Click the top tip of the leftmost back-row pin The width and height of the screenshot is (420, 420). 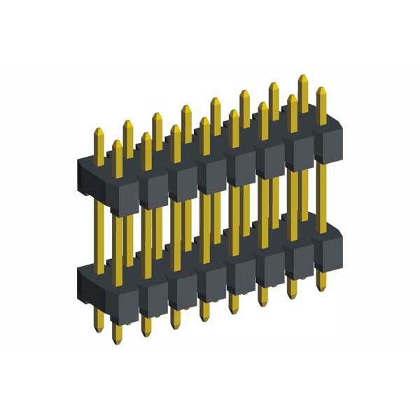pyautogui.click(x=99, y=129)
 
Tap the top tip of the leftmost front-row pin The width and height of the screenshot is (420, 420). pyautogui.click(x=117, y=143)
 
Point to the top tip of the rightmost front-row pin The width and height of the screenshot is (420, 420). pyautogui.click(x=321, y=90)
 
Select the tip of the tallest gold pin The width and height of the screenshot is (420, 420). pyautogui.click(x=303, y=78)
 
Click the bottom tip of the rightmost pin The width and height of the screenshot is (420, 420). pyautogui.click(x=321, y=288)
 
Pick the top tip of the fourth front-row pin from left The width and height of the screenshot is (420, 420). pyautogui.click(x=204, y=121)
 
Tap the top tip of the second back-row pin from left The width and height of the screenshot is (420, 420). pyautogui.click(x=128, y=123)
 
